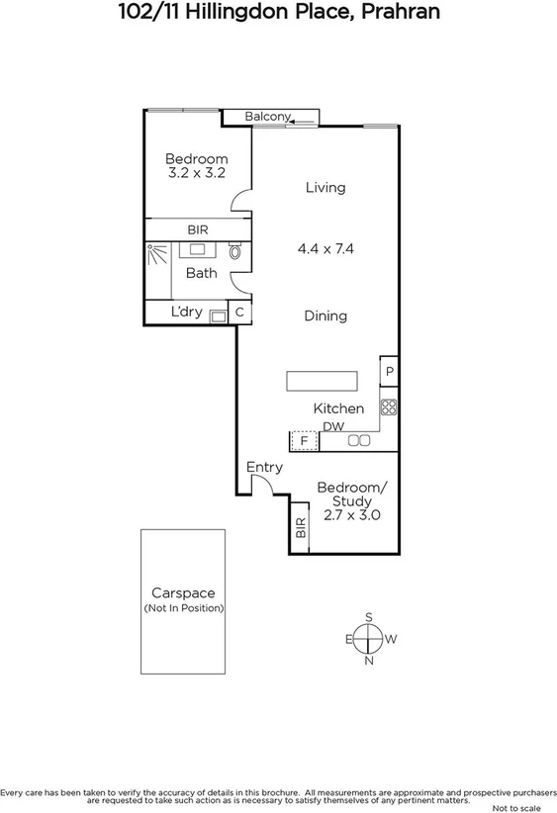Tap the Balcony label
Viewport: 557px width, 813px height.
click(267, 118)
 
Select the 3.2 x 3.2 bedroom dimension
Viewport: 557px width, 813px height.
click(196, 173)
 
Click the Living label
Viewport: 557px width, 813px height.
click(325, 187)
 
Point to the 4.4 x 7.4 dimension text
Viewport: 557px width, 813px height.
click(325, 249)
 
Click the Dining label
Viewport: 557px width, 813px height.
click(325, 316)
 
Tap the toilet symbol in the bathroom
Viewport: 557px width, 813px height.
click(235, 252)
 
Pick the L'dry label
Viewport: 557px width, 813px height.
click(186, 312)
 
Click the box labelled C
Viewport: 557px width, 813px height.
click(238, 313)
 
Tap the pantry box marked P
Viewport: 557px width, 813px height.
click(390, 372)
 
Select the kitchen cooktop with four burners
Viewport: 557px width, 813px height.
click(389, 406)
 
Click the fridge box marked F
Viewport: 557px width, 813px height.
click(304, 440)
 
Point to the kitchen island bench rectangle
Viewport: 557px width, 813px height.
click(322, 381)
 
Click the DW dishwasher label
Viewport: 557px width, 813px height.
click(332, 425)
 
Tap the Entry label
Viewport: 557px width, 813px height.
click(264, 467)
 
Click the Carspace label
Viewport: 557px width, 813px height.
click(183, 593)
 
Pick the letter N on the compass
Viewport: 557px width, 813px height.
click(369, 662)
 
